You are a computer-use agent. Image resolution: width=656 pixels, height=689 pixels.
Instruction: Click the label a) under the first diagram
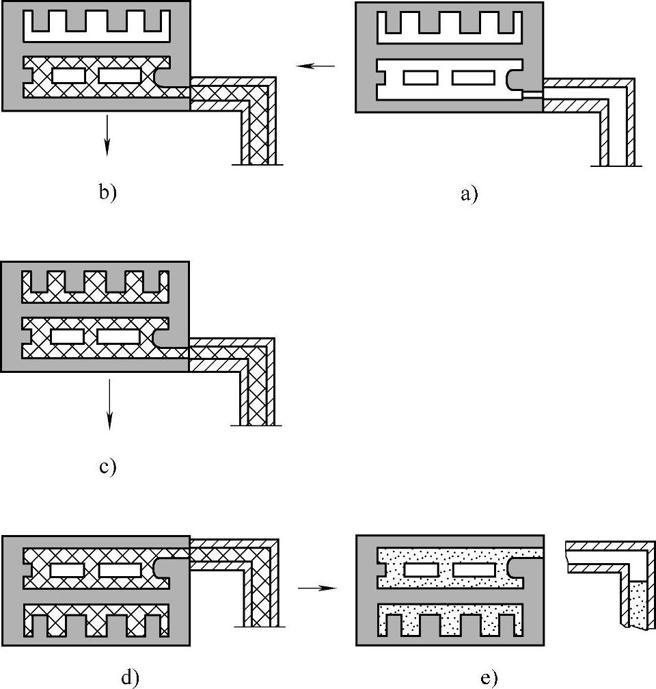coord(469,194)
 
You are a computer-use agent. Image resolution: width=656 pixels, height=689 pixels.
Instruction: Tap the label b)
coord(108,192)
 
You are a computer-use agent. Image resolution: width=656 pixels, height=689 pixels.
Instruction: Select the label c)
coord(108,467)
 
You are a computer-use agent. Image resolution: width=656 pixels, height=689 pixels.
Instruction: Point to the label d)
coord(130,677)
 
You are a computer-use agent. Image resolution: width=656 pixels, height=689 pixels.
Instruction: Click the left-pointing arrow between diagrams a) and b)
coord(316,66)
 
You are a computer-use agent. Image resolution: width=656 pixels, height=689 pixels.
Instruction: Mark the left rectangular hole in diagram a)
coord(420,78)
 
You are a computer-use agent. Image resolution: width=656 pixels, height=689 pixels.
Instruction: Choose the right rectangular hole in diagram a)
coord(474,78)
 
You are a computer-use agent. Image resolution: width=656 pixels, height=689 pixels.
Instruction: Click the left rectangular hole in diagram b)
coord(69,75)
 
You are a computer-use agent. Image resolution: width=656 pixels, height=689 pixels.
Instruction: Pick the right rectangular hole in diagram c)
coord(120,337)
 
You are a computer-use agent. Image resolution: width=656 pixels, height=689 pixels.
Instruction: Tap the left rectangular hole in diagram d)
coord(68,569)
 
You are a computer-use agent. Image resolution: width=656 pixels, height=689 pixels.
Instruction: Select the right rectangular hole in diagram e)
coord(474,569)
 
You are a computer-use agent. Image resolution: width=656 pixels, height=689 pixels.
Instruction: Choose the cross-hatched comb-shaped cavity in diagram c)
coord(96,296)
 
